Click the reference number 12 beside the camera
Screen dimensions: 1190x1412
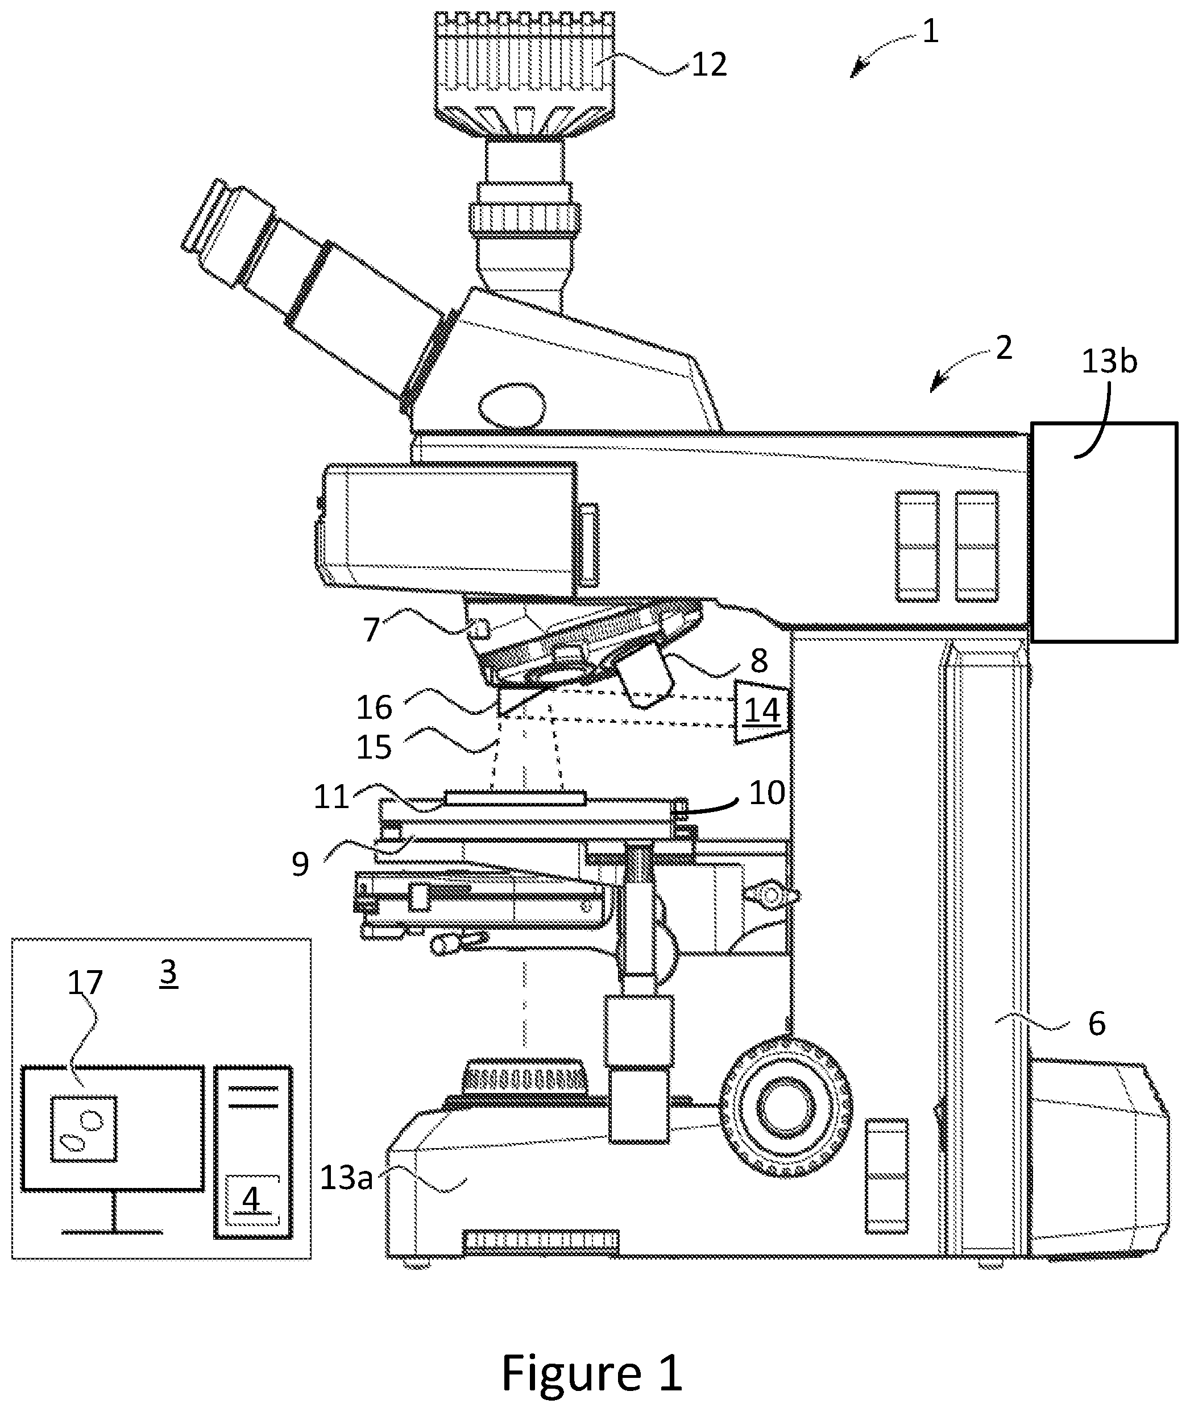(x=709, y=65)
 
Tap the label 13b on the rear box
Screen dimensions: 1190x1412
(x=1109, y=362)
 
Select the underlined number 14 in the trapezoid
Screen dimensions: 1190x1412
(x=762, y=710)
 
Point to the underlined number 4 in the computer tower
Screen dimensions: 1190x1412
(x=251, y=1199)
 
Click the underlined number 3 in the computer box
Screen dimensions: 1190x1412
(x=169, y=972)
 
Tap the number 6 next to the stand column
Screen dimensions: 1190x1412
(x=1097, y=1024)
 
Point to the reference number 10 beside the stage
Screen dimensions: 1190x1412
(x=767, y=793)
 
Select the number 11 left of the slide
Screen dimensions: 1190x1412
(x=331, y=797)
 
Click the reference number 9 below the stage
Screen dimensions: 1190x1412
(x=301, y=864)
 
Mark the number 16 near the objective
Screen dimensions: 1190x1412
(x=375, y=707)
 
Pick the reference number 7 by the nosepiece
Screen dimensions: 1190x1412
(x=372, y=630)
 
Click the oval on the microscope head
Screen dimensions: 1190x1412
(x=511, y=405)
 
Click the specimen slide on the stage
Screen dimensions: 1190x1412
(x=515, y=797)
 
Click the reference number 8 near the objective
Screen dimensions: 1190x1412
(x=759, y=661)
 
